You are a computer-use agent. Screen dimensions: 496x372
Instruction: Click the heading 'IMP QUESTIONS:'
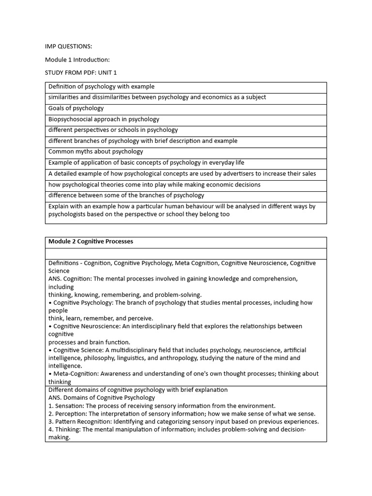[x=68, y=46]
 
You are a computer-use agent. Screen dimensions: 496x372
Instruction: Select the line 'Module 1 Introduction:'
[x=77, y=60]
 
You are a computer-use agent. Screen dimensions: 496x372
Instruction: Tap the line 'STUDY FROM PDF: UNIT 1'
[x=81, y=73]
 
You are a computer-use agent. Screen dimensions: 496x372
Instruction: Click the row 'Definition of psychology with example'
[x=101, y=87]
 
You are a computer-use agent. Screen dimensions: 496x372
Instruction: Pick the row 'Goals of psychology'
[x=76, y=108]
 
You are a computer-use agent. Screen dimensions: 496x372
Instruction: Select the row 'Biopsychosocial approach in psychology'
[x=104, y=119]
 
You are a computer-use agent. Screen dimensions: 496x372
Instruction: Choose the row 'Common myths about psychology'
[x=95, y=152]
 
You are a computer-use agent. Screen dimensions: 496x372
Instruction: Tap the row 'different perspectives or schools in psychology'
[x=113, y=130]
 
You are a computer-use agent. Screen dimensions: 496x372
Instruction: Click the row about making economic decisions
[x=154, y=185]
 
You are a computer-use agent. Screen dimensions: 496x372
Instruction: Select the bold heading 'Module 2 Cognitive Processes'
[x=91, y=241]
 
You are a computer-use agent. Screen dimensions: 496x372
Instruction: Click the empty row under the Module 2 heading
[x=186, y=253]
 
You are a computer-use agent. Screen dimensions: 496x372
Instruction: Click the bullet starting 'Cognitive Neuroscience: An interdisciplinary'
[x=174, y=326]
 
